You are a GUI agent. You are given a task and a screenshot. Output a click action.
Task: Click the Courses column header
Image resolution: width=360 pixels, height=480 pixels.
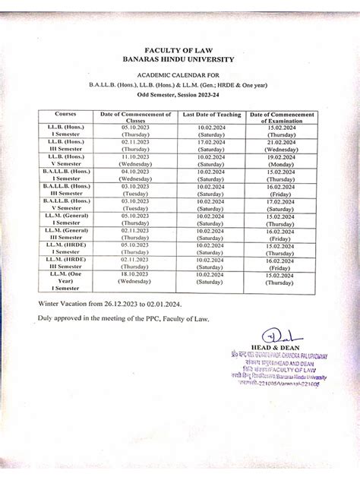[65, 114]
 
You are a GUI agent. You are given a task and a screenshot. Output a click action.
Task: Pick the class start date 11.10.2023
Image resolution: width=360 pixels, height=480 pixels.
[134, 156]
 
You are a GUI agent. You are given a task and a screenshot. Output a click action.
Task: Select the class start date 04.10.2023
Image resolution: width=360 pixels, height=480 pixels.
[134, 171]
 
